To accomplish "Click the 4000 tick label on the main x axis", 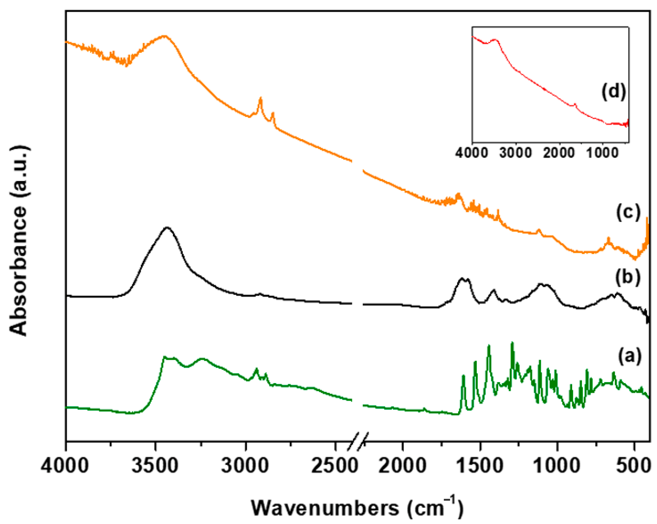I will point(65,466).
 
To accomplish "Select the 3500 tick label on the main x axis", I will point(155,466).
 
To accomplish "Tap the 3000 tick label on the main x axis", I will point(245,466).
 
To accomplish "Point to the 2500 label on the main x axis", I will point(335,466).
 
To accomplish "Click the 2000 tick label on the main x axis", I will point(402,466).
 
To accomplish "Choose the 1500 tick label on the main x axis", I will point(480,466).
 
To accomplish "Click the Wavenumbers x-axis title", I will point(357,507).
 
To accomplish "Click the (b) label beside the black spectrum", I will point(628,277).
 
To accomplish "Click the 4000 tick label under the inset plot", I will point(472,152).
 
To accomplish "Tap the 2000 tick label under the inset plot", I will point(559,152).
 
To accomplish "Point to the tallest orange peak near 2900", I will point(261,98).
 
